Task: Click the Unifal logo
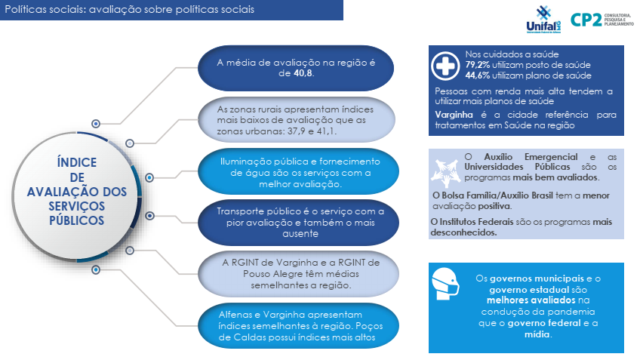tap(543, 20)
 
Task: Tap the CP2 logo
tap(602, 20)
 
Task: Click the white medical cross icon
tap(445, 66)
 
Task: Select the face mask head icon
tap(445, 283)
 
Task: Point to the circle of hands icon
tap(446, 173)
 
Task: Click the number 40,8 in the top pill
tap(303, 73)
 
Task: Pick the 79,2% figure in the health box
tap(477, 65)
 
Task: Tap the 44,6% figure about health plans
tap(477, 75)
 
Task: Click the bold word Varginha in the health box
tap(454, 115)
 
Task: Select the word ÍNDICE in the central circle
tap(77, 162)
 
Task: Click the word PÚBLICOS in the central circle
tap(77, 220)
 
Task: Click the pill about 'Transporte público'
tap(299, 223)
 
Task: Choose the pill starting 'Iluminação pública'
tap(299, 171)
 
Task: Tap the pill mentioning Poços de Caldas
tap(299, 326)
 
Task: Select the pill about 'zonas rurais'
tap(297, 120)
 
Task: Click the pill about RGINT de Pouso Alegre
tap(299, 274)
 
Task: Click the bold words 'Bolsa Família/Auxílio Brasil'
tap(497, 195)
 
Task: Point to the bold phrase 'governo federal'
tap(544, 323)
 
